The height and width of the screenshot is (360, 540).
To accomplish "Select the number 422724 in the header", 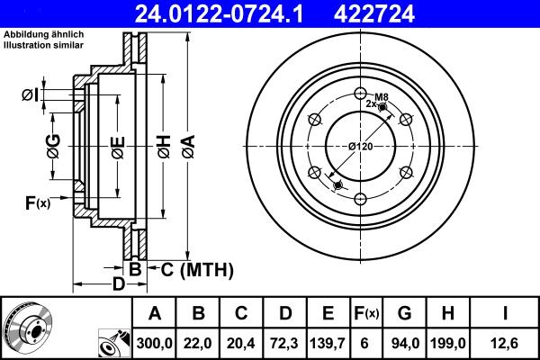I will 393,13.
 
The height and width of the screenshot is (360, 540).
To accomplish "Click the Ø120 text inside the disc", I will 360,146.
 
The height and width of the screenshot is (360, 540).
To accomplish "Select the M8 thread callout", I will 381,96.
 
